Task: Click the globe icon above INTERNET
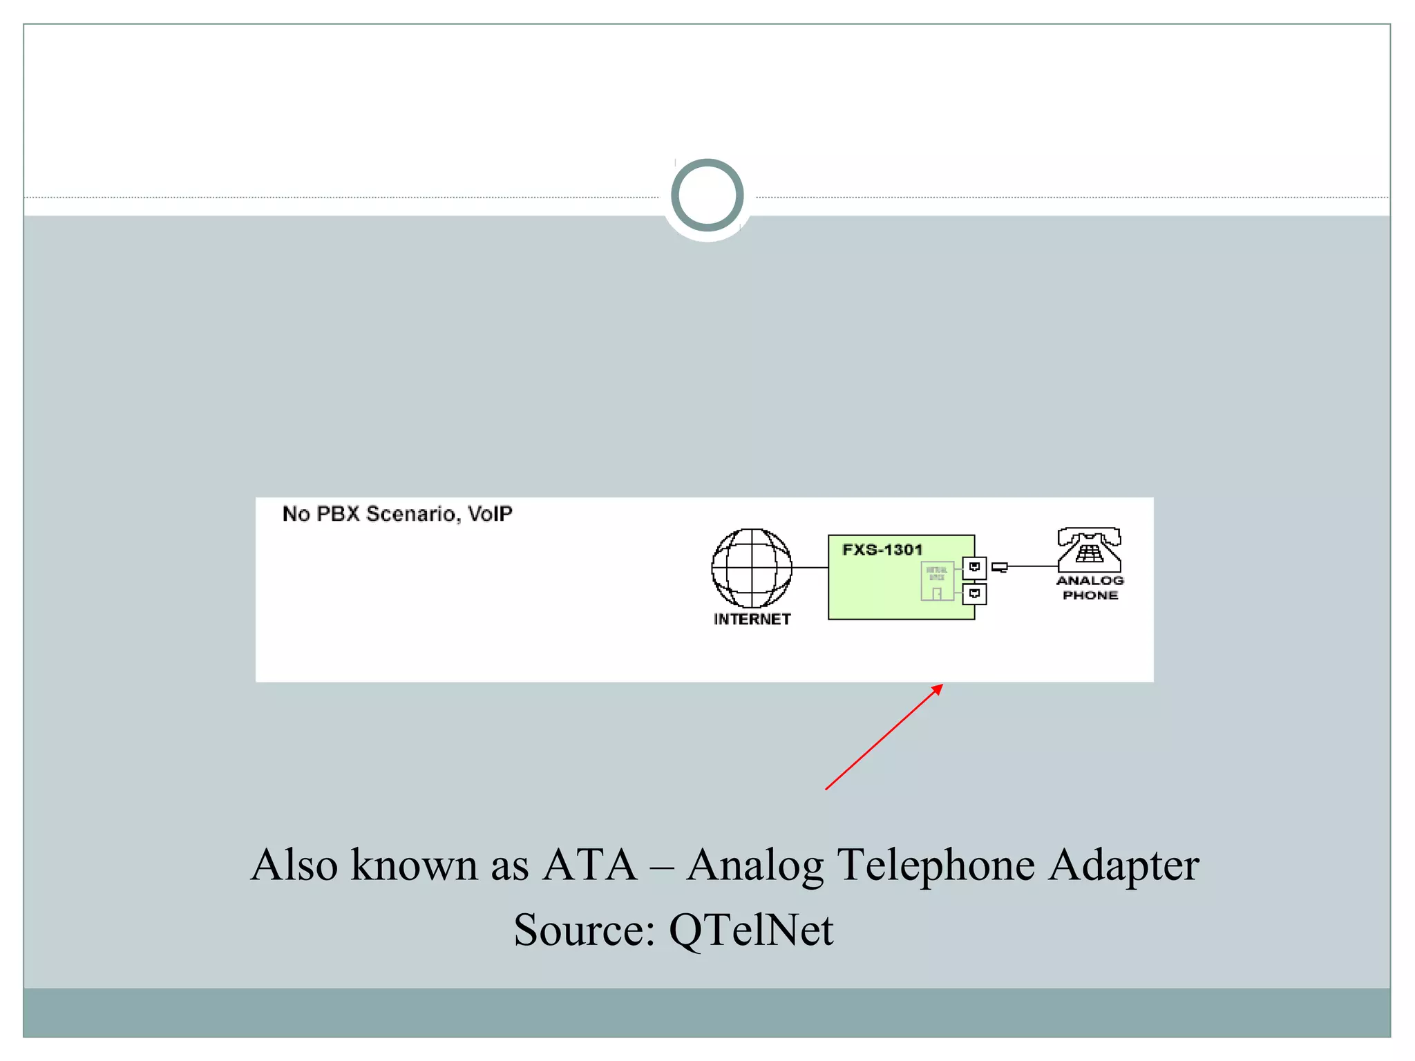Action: click(x=752, y=568)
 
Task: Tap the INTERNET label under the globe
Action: click(x=752, y=620)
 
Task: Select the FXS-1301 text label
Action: click(x=882, y=550)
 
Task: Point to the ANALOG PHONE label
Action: click(x=1090, y=588)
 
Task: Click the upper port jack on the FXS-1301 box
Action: click(x=974, y=568)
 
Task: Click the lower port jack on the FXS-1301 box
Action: click(x=974, y=594)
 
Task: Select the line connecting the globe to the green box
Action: click(x=810, y=568)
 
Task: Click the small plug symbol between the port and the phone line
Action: click(x=999, y=568)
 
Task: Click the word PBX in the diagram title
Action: click(x=338, y=514)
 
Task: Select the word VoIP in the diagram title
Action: click(x=490, y=514)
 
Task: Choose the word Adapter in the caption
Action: click(x=1123, y=866)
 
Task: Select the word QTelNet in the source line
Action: click(x=751, y=930)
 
